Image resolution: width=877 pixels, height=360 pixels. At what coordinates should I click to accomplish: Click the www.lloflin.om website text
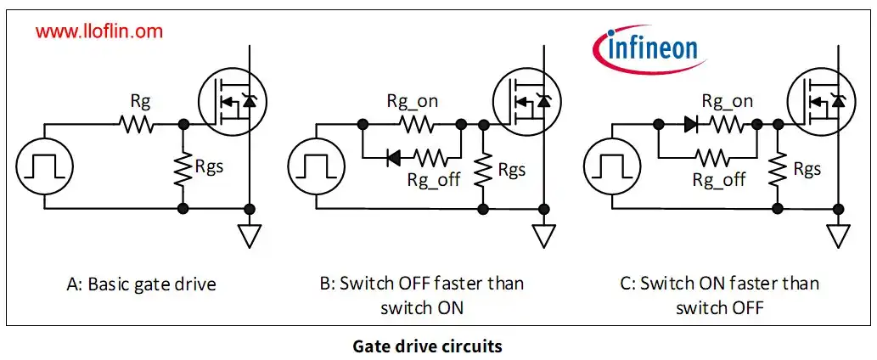[99, 32]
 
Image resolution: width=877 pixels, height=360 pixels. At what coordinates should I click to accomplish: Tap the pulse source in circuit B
[316, 165]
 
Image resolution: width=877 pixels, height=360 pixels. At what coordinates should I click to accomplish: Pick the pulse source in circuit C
[614, 165]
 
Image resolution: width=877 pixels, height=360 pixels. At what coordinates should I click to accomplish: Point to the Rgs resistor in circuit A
[183, 166]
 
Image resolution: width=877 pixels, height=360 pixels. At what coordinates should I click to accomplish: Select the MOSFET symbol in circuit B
[523, 100]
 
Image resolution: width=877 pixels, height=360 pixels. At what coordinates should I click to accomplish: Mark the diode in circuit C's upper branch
[689, 125]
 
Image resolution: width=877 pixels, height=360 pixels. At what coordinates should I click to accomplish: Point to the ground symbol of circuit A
[248, 234]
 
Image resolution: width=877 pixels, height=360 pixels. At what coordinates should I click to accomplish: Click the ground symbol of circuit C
[838, 234]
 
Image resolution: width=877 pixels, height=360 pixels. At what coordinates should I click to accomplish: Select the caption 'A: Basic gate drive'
[141, 284]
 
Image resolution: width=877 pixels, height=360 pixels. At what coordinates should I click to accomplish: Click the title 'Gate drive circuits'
[439, 346]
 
